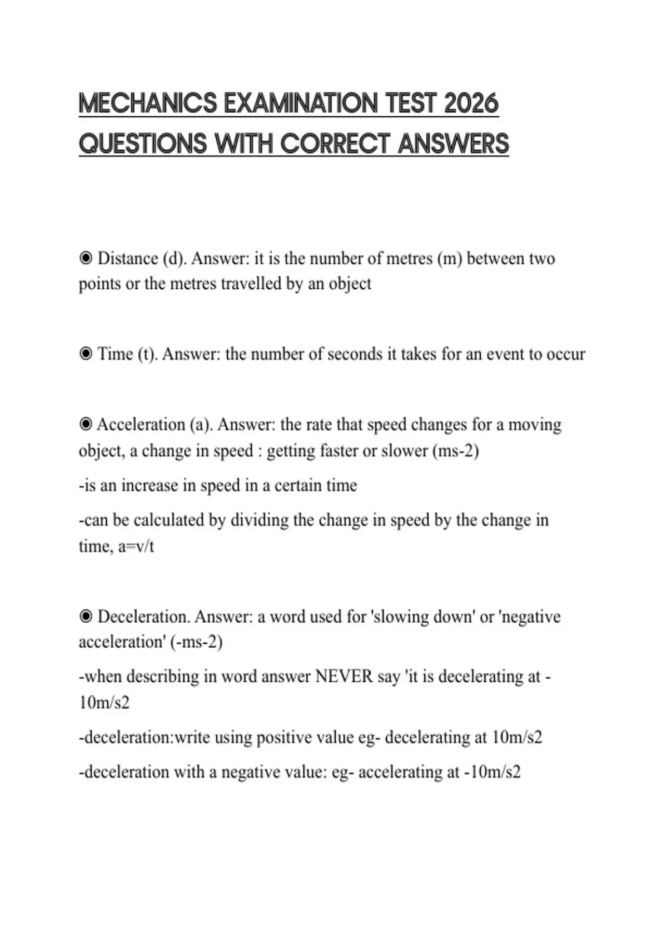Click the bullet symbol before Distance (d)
tap(86, 258)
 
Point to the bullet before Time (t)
tap(86, 354)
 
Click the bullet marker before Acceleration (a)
tap(86, 425)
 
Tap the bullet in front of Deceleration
tap(86, 617)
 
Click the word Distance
tap(128, 258)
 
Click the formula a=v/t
tap(136, 546)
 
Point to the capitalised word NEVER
tap(344, 677)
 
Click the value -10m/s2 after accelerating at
tap(492, 772)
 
